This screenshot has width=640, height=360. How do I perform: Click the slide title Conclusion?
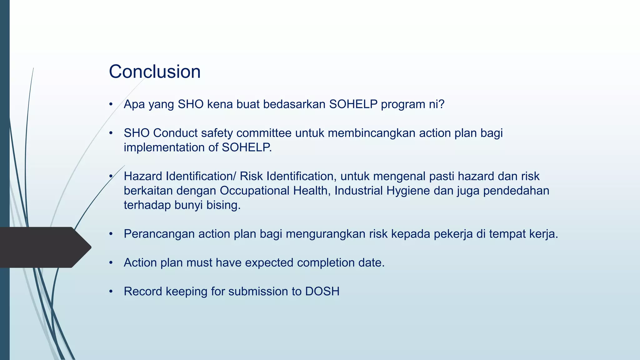click(x=155, y=72)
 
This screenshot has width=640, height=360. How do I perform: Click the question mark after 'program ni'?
click(x=441, y=104)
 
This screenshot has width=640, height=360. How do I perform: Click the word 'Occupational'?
click(x=254, y=191)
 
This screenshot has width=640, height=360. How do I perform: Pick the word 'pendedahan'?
click(x=516, y=191)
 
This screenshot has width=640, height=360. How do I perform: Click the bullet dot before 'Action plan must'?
click(x=111, y=263)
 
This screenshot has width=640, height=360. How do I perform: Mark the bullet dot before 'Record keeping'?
click(x=111, y=292)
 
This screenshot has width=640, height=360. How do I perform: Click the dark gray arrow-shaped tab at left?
click(x=44, y=247)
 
